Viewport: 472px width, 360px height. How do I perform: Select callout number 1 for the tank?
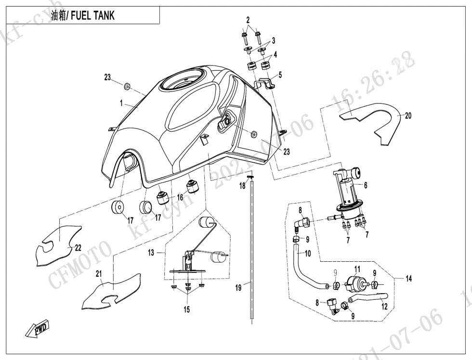[x=122, y=103]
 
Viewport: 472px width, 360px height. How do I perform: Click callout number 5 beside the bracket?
[x=280, y=75]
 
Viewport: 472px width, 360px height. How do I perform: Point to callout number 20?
[x=408, y=116]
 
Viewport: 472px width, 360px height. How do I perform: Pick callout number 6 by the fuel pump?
[x=365, y=185]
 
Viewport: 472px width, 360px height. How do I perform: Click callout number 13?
[x=151, y=252]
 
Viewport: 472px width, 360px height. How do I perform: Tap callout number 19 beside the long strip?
[x=238, y=288]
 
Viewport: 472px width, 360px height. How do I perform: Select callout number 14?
[x=409, y=278]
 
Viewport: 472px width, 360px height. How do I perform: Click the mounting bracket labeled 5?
[x=264, y=85]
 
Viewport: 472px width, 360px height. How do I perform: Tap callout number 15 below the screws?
[x=186, y=310]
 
